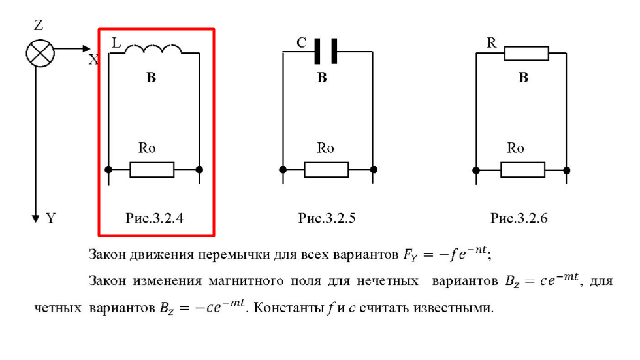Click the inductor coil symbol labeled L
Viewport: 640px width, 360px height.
(156, 51)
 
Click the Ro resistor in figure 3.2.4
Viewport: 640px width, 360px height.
(152, 170)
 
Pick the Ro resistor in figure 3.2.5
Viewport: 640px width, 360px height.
(327, 170)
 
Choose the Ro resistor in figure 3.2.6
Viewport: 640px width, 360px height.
(522, 170)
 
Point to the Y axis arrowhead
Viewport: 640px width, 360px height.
(37, 218)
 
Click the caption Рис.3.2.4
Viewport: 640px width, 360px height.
(154, 219)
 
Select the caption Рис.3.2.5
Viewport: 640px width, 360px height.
(327, 219)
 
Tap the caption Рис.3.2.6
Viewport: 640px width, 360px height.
(519, 219)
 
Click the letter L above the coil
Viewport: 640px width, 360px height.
(117, 42)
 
